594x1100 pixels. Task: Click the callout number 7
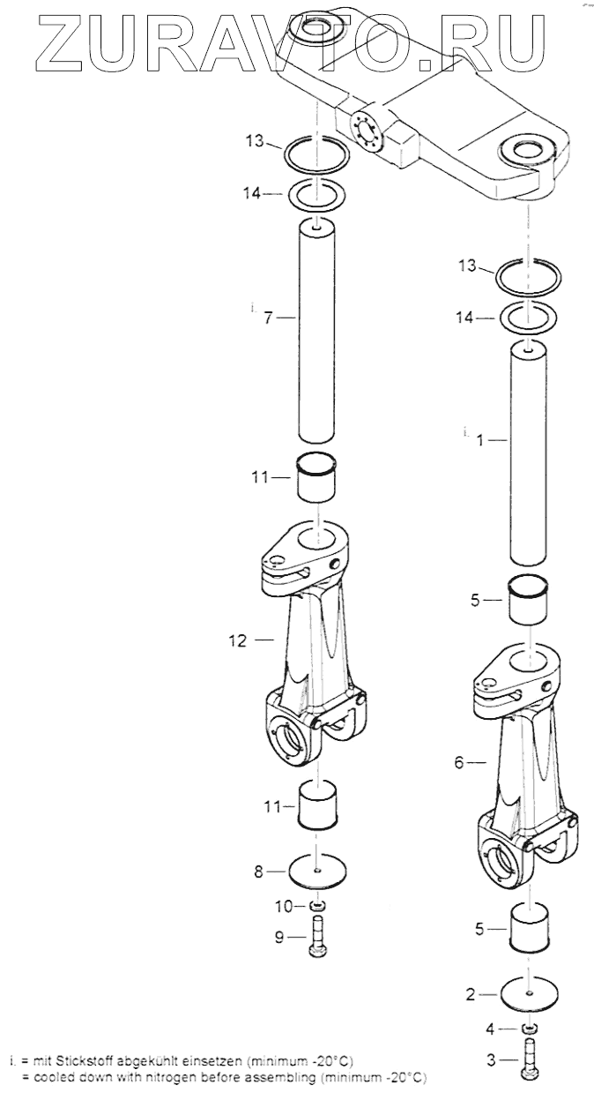(268, 318)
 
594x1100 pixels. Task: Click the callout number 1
(480, 441)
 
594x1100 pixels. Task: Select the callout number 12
(238, 640)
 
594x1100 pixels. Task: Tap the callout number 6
(458, 763)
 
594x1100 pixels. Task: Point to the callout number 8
(258, 872)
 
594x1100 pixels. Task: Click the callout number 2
(471, 995)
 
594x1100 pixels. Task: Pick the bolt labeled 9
(317, 937)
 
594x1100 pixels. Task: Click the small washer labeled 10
(318, 904)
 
